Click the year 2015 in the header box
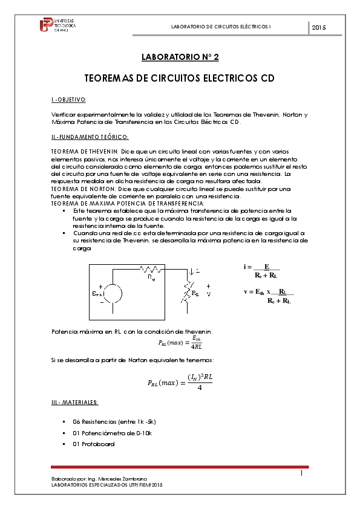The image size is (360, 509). coord(319,28)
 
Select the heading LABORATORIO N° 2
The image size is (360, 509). coord(180,57)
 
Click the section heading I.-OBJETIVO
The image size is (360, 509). coord(69,99)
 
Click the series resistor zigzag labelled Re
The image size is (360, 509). coord(149,270)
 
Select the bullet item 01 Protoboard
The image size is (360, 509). coord(94,444)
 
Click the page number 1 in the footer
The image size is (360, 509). coord(301,474)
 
